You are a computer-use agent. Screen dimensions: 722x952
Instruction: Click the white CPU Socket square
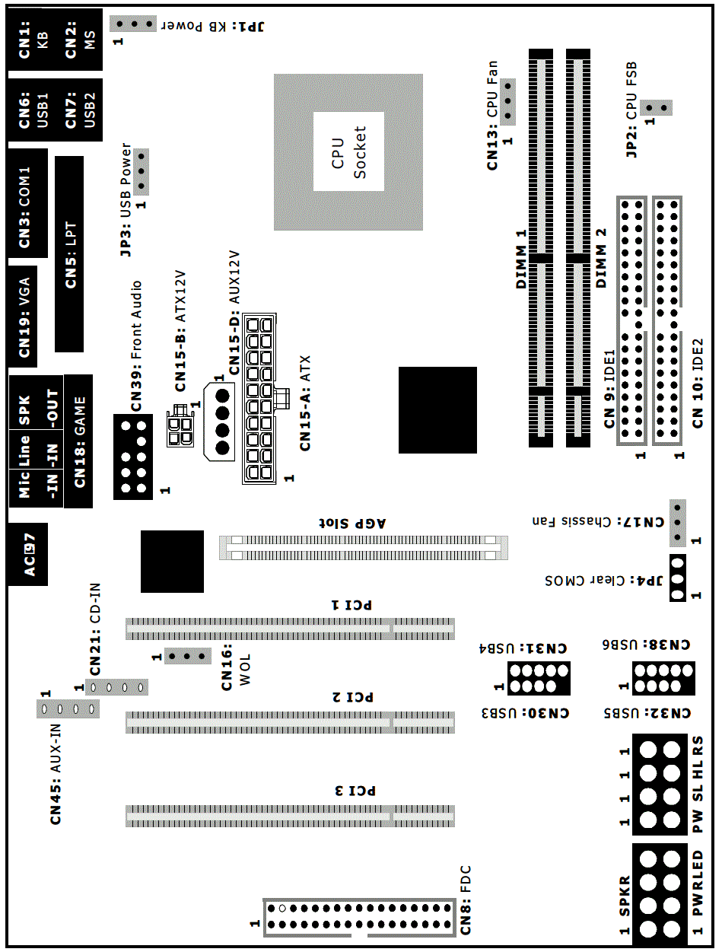348,151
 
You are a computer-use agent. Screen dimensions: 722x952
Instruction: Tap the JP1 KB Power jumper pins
132,24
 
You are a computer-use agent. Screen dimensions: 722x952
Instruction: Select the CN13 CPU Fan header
507,102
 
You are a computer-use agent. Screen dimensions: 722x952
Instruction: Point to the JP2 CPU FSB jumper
657,107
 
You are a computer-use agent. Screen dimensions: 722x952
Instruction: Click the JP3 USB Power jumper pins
141,172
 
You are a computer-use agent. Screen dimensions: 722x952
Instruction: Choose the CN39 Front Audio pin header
133,457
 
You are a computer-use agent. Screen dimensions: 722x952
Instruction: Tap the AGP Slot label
352,523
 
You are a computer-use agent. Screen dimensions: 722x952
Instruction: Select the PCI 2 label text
352,697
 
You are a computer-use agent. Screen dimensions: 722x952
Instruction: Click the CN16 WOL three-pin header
188,656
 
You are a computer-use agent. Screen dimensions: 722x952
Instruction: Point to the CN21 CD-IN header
116,687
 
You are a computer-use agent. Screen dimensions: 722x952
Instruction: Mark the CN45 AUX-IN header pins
68,709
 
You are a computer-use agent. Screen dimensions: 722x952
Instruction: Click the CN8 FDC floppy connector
360,917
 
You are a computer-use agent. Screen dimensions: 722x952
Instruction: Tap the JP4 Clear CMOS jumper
678,578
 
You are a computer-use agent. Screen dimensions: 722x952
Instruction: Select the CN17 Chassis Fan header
678,523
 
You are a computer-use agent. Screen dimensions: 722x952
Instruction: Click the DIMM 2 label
600,258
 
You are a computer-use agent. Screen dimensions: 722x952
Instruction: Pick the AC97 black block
28,554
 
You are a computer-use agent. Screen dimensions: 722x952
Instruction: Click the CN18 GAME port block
78,441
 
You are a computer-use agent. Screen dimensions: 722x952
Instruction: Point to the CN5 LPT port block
69,254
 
